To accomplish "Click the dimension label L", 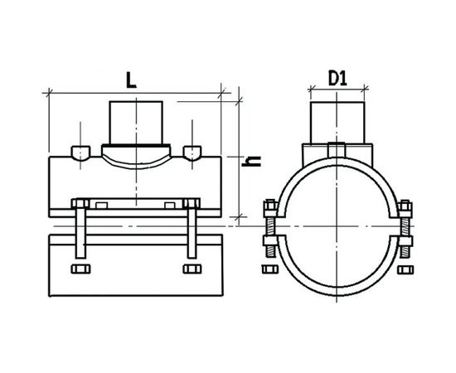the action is pos(131,80).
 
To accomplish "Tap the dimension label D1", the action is pos(337,78).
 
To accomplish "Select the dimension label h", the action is pos(251,162).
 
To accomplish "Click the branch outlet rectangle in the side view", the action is pos(136,123).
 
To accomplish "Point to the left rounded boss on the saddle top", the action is pos(80,153).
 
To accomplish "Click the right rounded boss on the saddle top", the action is pos(192,153).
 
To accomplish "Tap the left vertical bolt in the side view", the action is pos(80,229).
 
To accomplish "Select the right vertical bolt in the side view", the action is pos(192,229).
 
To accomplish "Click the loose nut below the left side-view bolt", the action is pos(80,269).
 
